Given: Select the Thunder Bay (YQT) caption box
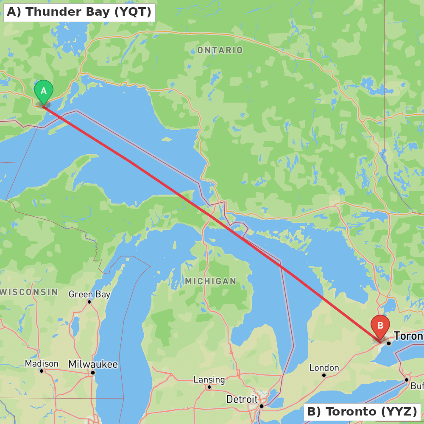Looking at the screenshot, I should click(x=79, y=12).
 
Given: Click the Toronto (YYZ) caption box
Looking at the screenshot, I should click(x=362, y=411).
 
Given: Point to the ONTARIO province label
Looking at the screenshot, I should click(x=220, y=50).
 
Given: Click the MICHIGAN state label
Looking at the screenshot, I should click(x=210, y=281).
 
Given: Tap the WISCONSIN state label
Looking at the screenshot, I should click(x=30, y=292).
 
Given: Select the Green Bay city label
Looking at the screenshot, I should click(x=89, y=294).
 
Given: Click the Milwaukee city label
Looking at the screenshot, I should click(x=93, y=364).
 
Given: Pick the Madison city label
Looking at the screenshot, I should click(x=42, y=363).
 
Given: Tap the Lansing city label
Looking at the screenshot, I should click(x=209, y=379).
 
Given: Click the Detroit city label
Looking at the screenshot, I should click(x=242, y=399).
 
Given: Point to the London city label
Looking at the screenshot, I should click(x=324, y=368).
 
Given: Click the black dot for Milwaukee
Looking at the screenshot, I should click(x=93, y=373).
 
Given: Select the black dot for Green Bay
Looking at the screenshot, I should click(x=89, y=302).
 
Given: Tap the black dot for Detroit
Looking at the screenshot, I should click(x=262, y=406).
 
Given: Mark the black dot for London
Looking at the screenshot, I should click(x=324, y=375).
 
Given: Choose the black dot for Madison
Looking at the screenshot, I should click(x=42, y=371).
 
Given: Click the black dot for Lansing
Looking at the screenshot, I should click(x=209, y=387).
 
